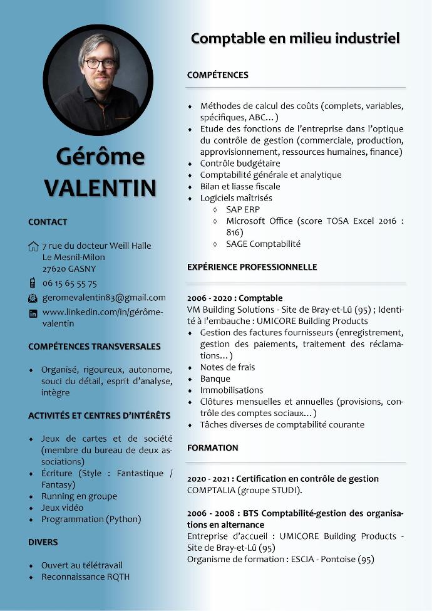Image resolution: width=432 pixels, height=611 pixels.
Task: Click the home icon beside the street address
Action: (x=33, y=246)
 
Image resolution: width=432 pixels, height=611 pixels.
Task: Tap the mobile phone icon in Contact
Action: (x=33, y=283)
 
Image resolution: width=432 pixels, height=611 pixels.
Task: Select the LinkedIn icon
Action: (x=33, y=313)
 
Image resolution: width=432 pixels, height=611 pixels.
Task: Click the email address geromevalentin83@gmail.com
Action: (x=104, y=298)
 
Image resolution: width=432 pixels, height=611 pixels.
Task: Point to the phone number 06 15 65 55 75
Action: (x=69, y=283)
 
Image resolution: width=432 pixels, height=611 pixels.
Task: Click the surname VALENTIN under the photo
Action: (x=100, y=187)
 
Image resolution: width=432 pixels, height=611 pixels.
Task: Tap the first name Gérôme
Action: (x=100, y=157)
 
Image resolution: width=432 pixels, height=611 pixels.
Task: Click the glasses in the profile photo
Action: (x=100, y=63)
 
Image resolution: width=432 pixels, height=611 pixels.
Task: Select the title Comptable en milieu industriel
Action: (x=295, y=39)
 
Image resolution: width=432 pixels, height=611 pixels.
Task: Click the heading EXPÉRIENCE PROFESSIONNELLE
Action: (x=252, y=267)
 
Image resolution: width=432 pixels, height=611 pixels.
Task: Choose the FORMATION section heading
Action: (x=212, y=447)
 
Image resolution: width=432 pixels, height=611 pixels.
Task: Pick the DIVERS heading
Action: (x=43, y=542)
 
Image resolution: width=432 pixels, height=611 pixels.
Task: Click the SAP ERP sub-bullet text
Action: (x=243, y=209)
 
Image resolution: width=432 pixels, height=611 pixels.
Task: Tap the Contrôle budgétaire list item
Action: (x=240, y=164)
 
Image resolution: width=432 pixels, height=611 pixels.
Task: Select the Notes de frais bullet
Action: (x=227, y=367)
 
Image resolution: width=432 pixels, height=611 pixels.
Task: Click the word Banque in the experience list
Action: (x=215, y=379)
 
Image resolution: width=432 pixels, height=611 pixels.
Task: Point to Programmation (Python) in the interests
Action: (x=91, y=519)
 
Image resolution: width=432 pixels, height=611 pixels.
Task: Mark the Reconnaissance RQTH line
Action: (x=85, y=577)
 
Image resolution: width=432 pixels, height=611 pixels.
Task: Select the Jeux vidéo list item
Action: (x=62, y=508)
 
